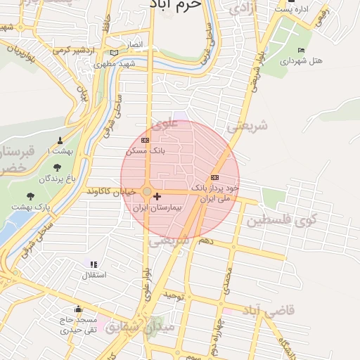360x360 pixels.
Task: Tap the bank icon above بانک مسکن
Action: [x=145, y=140]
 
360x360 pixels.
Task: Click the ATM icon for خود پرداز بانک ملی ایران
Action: [x=214, y=177]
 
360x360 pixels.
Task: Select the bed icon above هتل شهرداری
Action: [x=301, y=50]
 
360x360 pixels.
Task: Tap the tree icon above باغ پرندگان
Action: [x=57, y=167]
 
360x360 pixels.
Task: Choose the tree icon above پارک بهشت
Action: [x=30, y=196]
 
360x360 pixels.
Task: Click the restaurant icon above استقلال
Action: [x=94, y=264]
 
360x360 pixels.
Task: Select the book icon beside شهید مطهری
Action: [x=114, y=53]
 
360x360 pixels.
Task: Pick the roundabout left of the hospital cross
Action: [x=146, y=192]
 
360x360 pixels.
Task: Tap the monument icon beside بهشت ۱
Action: [x=59, y=139]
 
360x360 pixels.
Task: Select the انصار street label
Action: [x=134, y=44]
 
